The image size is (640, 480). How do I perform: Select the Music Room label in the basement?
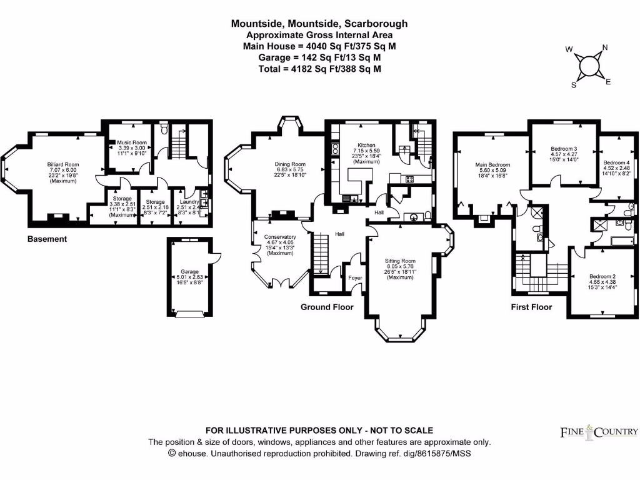(131, 142)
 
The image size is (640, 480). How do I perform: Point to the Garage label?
(190, 272)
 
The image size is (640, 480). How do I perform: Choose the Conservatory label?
(279, 237)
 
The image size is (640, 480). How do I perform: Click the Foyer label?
(355, 277)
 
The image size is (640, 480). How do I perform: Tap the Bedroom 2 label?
(602, 276)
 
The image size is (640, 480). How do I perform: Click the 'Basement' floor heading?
(47, 239)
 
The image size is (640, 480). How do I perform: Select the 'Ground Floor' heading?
(327, 307)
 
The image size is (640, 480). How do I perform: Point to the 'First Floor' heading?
(531, 307)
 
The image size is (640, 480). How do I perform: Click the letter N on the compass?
(604, 47)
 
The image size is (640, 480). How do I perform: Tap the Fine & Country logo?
(598, 431)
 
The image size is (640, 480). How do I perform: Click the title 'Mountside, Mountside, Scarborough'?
(319, 24)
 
